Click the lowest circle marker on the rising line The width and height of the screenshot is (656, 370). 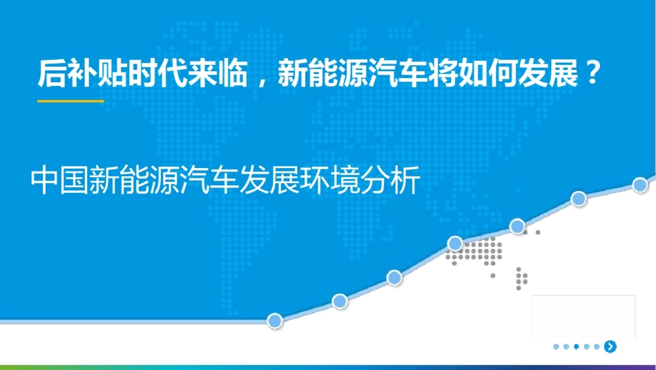tap(275, 321)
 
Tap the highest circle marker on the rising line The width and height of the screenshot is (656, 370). tap(640, 185)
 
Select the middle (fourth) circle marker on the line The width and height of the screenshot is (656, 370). tap(455, 243)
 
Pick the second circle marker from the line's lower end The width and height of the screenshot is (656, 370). tap(339, 301)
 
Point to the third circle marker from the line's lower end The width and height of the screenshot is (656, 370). tap(394, 277)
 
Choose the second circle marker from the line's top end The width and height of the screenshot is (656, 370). tap(579, 199)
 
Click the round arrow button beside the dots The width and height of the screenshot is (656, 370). tap(610, 346)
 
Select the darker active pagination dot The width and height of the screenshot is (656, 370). tap(576, 346)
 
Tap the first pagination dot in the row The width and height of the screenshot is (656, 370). tap(556, 346)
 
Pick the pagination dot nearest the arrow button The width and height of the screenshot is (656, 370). tap(596, 346)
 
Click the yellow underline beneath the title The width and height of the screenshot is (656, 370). tap(70, 101)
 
